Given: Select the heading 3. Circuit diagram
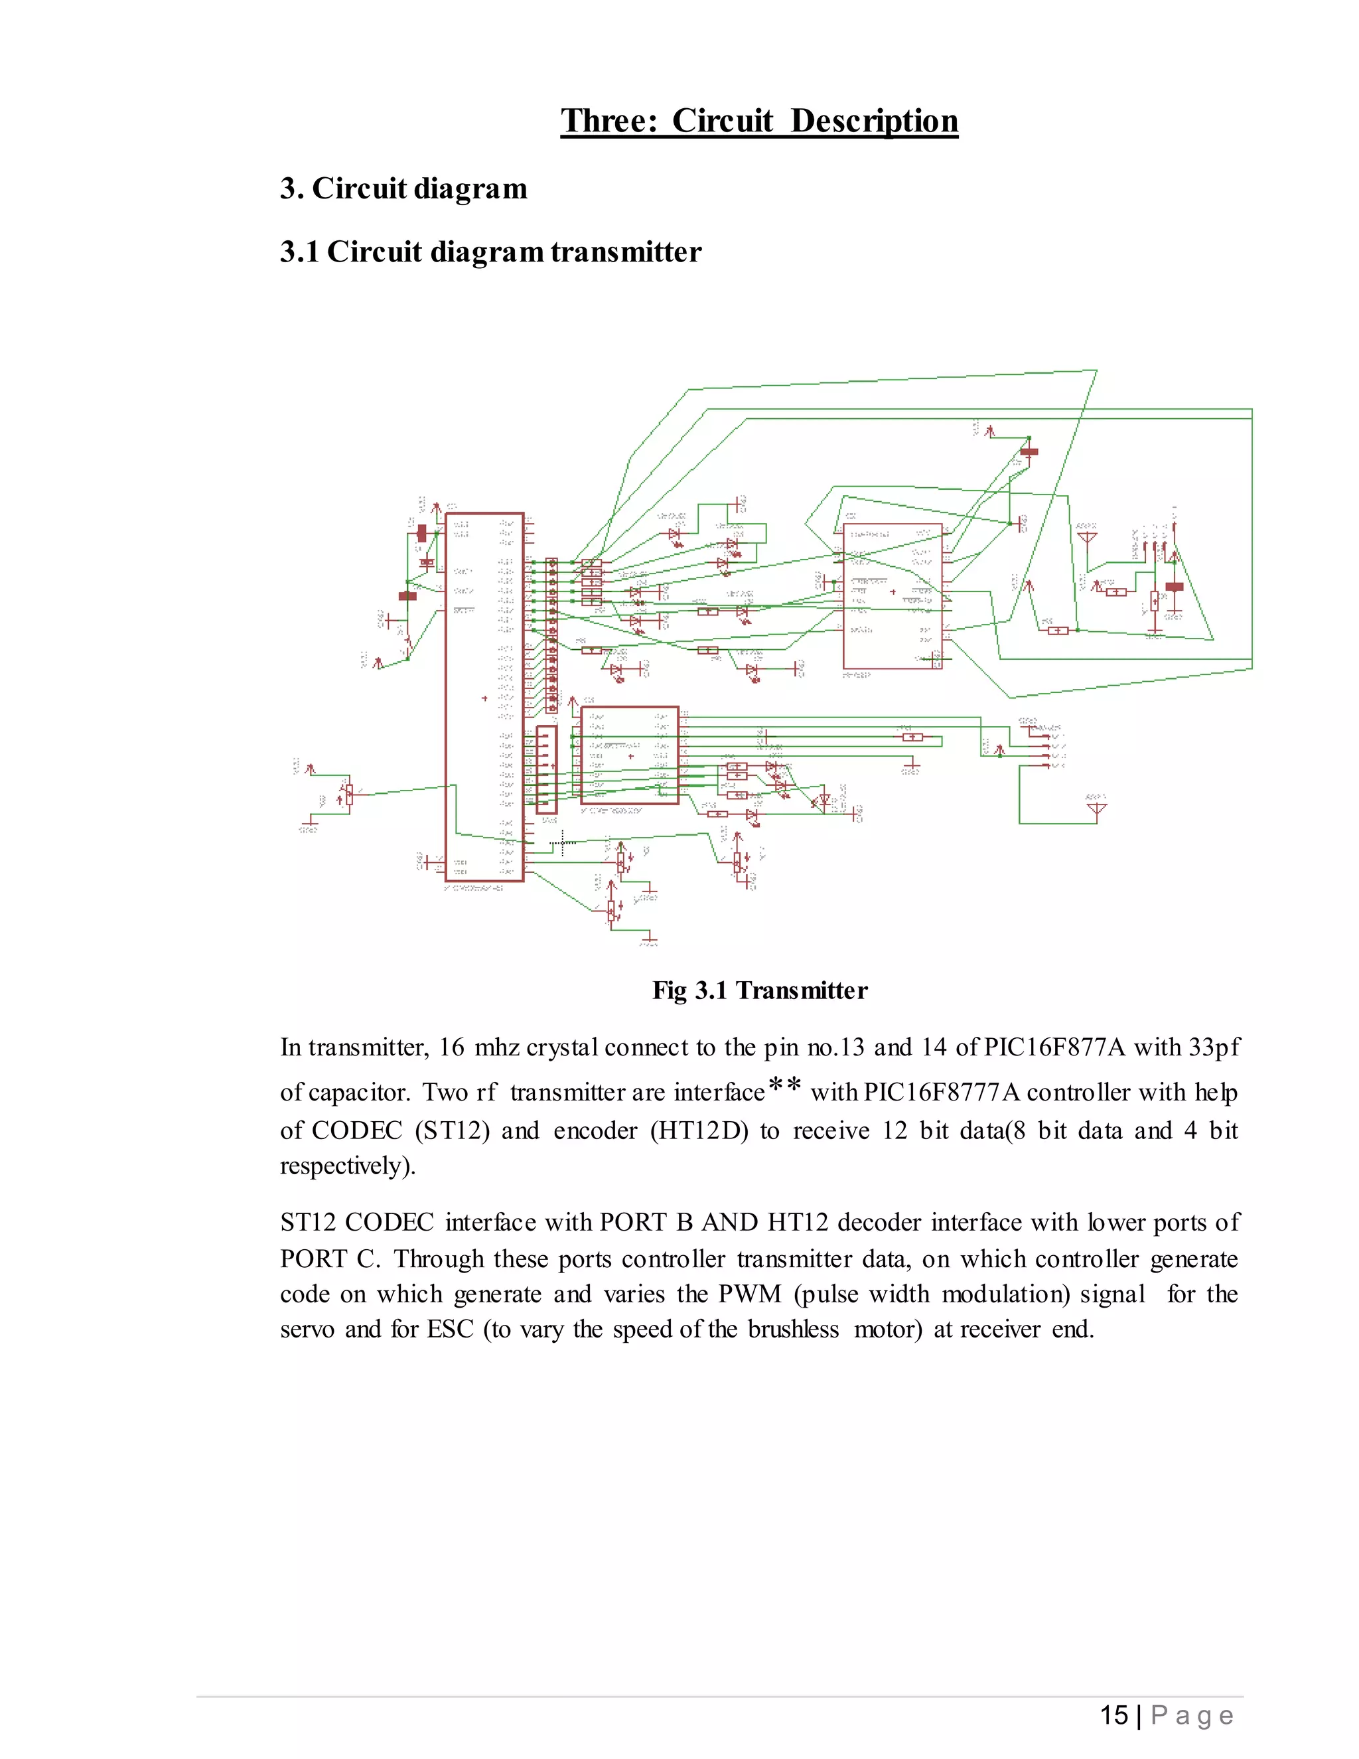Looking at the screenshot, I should tap(403, 189).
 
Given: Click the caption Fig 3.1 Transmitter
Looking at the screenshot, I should tap(759, 990).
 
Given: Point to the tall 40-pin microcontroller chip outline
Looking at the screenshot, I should tap(484, 697).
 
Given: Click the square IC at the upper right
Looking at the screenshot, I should tap(892, 596).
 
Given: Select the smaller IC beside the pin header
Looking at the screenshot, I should tap(630, 755).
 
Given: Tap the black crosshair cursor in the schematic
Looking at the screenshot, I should tap(562, 843).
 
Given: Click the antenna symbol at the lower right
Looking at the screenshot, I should tap(1096, 808).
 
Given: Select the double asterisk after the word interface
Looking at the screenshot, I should tap(784, 1087).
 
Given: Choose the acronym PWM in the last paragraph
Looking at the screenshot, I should tap(750, 1294).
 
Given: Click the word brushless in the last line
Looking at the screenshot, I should tap(793, 1329).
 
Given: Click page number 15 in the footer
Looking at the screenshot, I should tap(1113, 1715).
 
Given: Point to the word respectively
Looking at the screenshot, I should tap(347, 1166).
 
